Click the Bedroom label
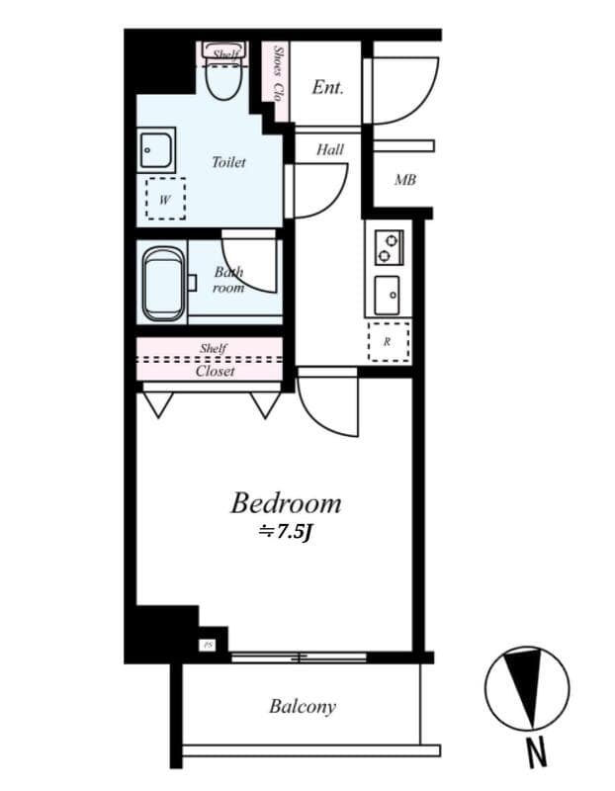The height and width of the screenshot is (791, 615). pyautogui.click(x=286, y=503)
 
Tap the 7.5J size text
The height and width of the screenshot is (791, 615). pyautogui.click(x=286, y=532)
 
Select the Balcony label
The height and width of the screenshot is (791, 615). pyautogui.click(x=303, y=707)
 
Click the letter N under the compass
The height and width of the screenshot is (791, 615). pyautogui.click(x=536, y=754)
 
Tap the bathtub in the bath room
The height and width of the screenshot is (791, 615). pyautogui.click(x=164, y=285)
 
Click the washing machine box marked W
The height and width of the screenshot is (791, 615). pyautogui.click(x=165, y=199)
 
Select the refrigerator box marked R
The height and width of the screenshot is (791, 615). pyautogui.click(x=387, y=341)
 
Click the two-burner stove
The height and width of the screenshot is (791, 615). pyautogui.click(x=388, y=246)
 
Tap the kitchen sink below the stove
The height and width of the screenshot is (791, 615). pyautogui.click(x=388, y=293)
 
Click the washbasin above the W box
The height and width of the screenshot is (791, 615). pyautogui.click(x=156, y=149)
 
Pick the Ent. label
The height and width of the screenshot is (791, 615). pyautogui.click(x=327, y=87)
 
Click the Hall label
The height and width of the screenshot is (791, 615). pyautogui.click(x=330, y=150)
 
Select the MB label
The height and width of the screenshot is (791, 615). pyautogui.click(x=404, y=180)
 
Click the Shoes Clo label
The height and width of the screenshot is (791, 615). pyautogui.click(x=279, y=74)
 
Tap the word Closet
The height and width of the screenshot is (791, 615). pyautogui.click(x=215, y=372)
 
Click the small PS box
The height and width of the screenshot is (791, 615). pyautogui.click(x=208, y=645)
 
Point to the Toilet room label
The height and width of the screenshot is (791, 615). pyautogui.click(x=228, y=162)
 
